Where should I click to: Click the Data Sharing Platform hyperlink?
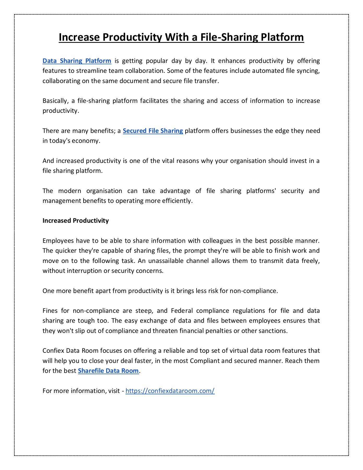click(77, 61)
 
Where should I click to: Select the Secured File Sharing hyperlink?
click(153, 131)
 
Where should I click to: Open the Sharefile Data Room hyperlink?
click(108, 371)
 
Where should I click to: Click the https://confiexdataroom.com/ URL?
click(170, 391)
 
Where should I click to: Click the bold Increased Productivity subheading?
click(75, 221)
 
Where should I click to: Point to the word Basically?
click(55, 101)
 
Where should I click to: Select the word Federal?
click(182, 311)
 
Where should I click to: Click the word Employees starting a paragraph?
click(58, 241)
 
